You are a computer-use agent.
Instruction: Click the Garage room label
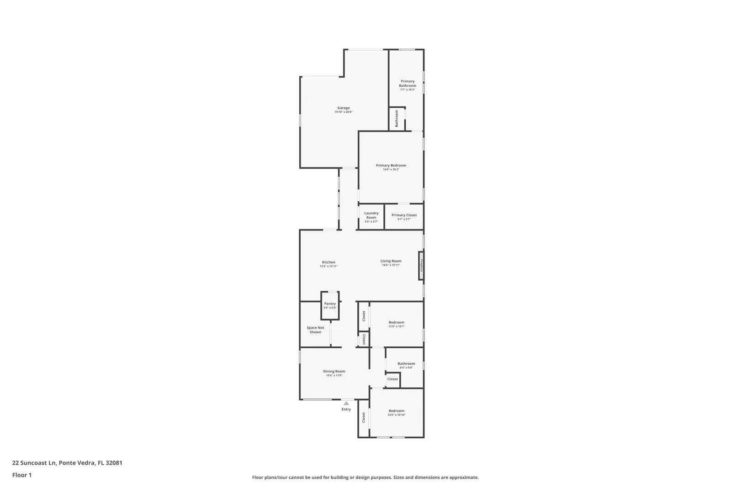tap(344, 108)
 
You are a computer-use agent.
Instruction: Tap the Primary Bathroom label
tap(408, 84)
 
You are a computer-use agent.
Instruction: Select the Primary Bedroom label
tap(391, 165)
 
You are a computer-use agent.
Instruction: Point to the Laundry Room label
tap(371, 215)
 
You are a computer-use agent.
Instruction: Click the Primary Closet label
tap(404, 215)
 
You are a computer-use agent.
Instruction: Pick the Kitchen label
tap(328, 262)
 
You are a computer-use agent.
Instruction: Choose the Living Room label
tap(391, 261)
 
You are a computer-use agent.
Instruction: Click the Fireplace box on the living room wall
tap(421, 265)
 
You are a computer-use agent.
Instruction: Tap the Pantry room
tap(330, 305)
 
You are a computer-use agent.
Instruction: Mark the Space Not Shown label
tap(315, 330)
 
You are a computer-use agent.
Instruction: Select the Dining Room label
tap(334, 372)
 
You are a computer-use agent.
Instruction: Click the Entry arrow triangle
tap(346, 403)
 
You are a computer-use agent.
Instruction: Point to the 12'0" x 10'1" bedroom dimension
tap(397, 326)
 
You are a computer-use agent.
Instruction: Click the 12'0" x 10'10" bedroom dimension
tap(397, 415)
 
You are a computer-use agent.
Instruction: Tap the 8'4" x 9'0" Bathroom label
tap(406, 364)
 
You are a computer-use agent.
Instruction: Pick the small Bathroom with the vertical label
tap(397, 119)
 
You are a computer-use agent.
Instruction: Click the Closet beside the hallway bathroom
tap(392, 379)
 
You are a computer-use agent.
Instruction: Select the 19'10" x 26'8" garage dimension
tap(344, 112)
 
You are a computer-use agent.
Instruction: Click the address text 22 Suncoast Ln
tap(34, 462)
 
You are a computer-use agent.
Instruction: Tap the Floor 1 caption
tap(22, 475)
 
